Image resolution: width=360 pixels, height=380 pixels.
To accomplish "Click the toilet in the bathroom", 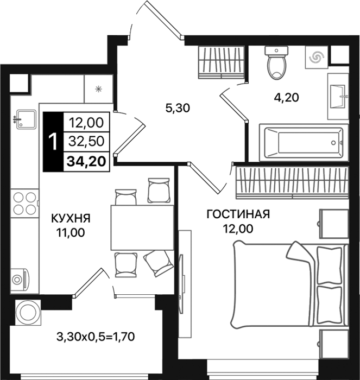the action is (x=276, y=63).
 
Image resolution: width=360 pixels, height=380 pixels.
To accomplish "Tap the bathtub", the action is (x=304, y=142).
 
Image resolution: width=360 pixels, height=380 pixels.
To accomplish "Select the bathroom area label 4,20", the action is (x=286, y=98).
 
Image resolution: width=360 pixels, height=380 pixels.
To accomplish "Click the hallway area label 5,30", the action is (x=178, y=108).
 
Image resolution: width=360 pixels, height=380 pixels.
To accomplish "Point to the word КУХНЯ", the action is (x=71, y=219).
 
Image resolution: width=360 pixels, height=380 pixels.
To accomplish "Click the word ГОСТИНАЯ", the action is (x=238, y=214).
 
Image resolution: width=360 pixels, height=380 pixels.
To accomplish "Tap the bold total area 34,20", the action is (x=86, y=161).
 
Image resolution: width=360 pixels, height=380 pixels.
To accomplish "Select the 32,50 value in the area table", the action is (x=86, y=141).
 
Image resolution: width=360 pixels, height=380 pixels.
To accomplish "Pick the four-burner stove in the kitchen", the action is (x=24, y=204).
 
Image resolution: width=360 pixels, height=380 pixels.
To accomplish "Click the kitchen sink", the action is (x=25, y=119).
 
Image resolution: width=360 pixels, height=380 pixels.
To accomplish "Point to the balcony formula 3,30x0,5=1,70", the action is (x=96, y=337).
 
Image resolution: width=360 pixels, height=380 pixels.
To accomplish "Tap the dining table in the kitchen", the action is (x=142, y=227).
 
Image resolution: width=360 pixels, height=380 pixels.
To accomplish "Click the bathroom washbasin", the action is (x=338, y=97).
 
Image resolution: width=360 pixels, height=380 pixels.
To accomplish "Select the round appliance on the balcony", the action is (x=28, y=312).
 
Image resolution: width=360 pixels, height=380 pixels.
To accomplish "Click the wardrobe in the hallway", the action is (x=221, y=62).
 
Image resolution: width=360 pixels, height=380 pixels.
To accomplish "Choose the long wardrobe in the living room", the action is (x=292, y=182).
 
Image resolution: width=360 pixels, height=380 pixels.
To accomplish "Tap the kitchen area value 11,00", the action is (x=71, y=233).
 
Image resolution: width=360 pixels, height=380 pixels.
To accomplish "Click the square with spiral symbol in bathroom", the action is (x=317, y=57).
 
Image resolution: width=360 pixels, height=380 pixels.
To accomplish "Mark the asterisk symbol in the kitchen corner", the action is (x=98, y=89).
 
